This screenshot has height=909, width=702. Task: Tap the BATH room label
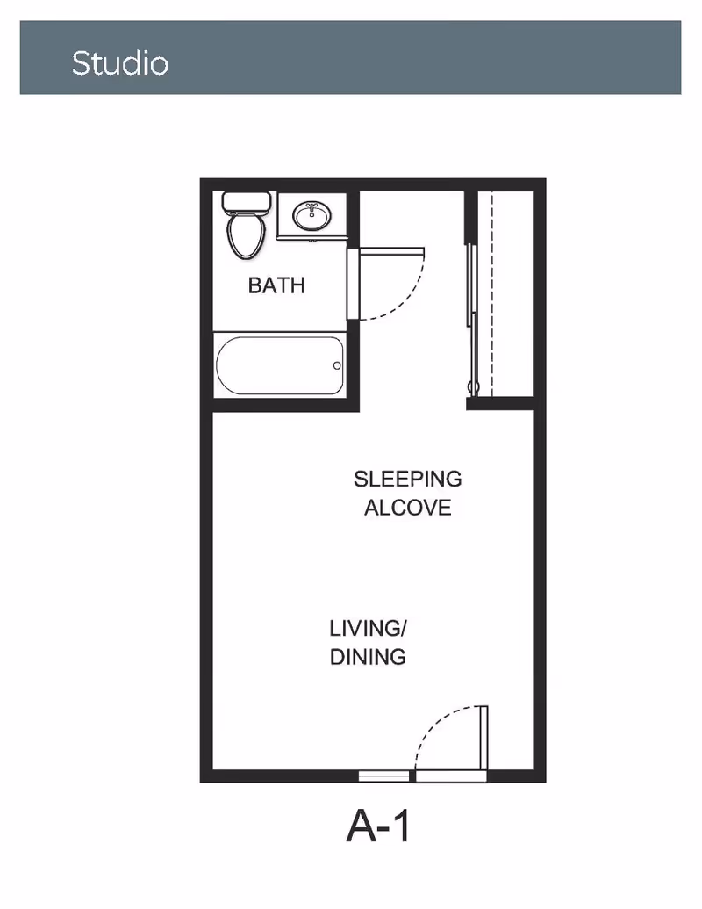tap(276, 285)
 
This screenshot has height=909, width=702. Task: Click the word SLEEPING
tap(408, 479)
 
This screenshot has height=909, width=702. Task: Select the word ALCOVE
tap(408, 508)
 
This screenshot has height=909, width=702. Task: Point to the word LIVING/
tap(369, 629)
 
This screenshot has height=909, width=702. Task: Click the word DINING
tap(368, 657)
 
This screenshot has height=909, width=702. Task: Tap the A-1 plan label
tap(378, 826)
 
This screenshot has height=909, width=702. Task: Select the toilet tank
tap(247, 203)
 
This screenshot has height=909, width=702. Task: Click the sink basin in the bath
tap(312, 216)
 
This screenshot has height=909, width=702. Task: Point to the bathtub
tap(280, 365)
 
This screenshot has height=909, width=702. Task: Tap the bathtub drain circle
tap(337, 365)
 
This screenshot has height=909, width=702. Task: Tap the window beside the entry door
tap(383, 776)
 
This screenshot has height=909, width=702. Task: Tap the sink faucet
tap(312, 207)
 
